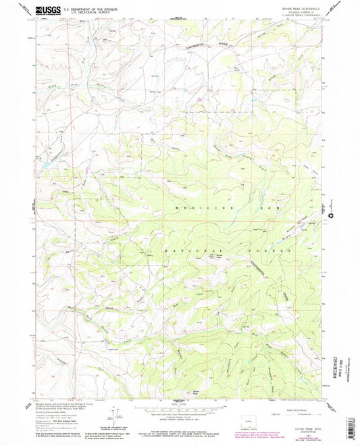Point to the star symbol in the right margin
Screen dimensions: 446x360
pyautogui.click(x=331, y=215)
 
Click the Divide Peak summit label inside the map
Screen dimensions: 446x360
pyautogui.click(x=217, y=256)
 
